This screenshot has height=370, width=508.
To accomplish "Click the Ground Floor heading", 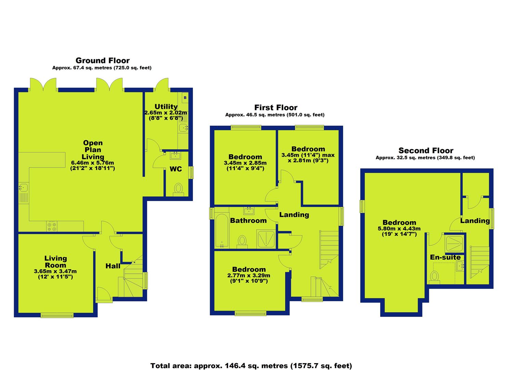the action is tap(103, 60).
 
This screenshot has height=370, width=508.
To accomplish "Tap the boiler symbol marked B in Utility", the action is tap(185, 98).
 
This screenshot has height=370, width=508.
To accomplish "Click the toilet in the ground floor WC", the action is tap(179, 189).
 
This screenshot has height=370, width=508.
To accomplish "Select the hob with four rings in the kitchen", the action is tap(52, 226).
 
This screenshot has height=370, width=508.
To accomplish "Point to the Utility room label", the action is tap(166, 107).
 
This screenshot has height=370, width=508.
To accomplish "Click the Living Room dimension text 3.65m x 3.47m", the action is tap(55, 271).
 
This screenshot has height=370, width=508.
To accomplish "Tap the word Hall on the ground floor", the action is tap(113, 266).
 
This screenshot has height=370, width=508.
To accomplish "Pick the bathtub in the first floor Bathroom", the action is tap(222, 231).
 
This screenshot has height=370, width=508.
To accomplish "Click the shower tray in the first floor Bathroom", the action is tap(266, 239).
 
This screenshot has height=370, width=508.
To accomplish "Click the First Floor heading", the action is tap(276, 108).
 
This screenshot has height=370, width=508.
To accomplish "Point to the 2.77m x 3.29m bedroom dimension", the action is tap(249, 275).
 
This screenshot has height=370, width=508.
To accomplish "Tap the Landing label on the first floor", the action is tap(294, 215).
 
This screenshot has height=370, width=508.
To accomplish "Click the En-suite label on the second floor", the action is tap(445, 257).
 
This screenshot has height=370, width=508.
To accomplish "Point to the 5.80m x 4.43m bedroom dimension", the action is tap(399, 229).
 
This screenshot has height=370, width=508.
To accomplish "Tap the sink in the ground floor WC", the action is tap(175, 156).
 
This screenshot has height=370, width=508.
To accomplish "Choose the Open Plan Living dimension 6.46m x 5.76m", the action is tap(92, 163).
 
